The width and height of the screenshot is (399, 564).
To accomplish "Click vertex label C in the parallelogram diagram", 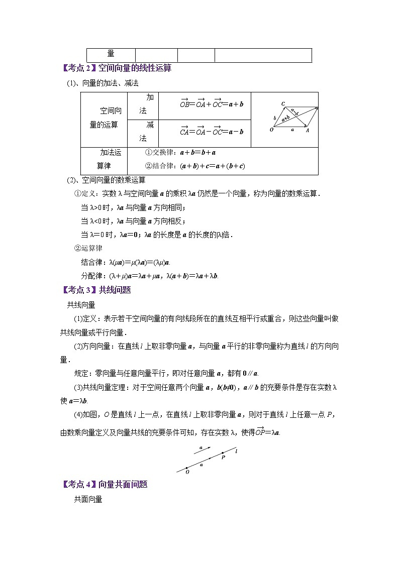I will coord(283,104).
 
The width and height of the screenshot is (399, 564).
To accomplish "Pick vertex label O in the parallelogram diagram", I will coord(271,130).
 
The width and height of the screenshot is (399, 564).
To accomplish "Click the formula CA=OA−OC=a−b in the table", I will coord(212,132).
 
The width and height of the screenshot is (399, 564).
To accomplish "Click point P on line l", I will coord(223,454).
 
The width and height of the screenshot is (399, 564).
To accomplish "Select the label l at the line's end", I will coord(236,451).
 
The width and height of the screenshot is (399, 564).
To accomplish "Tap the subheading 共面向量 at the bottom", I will coord(88,499).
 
